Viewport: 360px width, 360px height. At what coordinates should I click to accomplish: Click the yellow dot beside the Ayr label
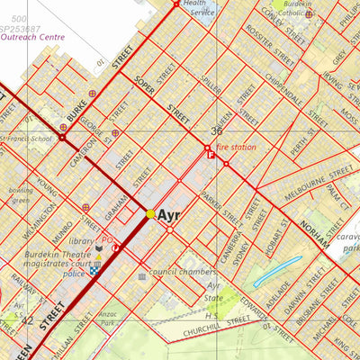coord(150,214)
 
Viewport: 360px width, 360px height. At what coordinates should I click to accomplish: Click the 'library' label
coord(81,242)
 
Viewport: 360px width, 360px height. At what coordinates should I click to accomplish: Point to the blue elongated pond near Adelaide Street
coord(278,270)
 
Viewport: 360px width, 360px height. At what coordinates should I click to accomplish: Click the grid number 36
coord(216,131)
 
